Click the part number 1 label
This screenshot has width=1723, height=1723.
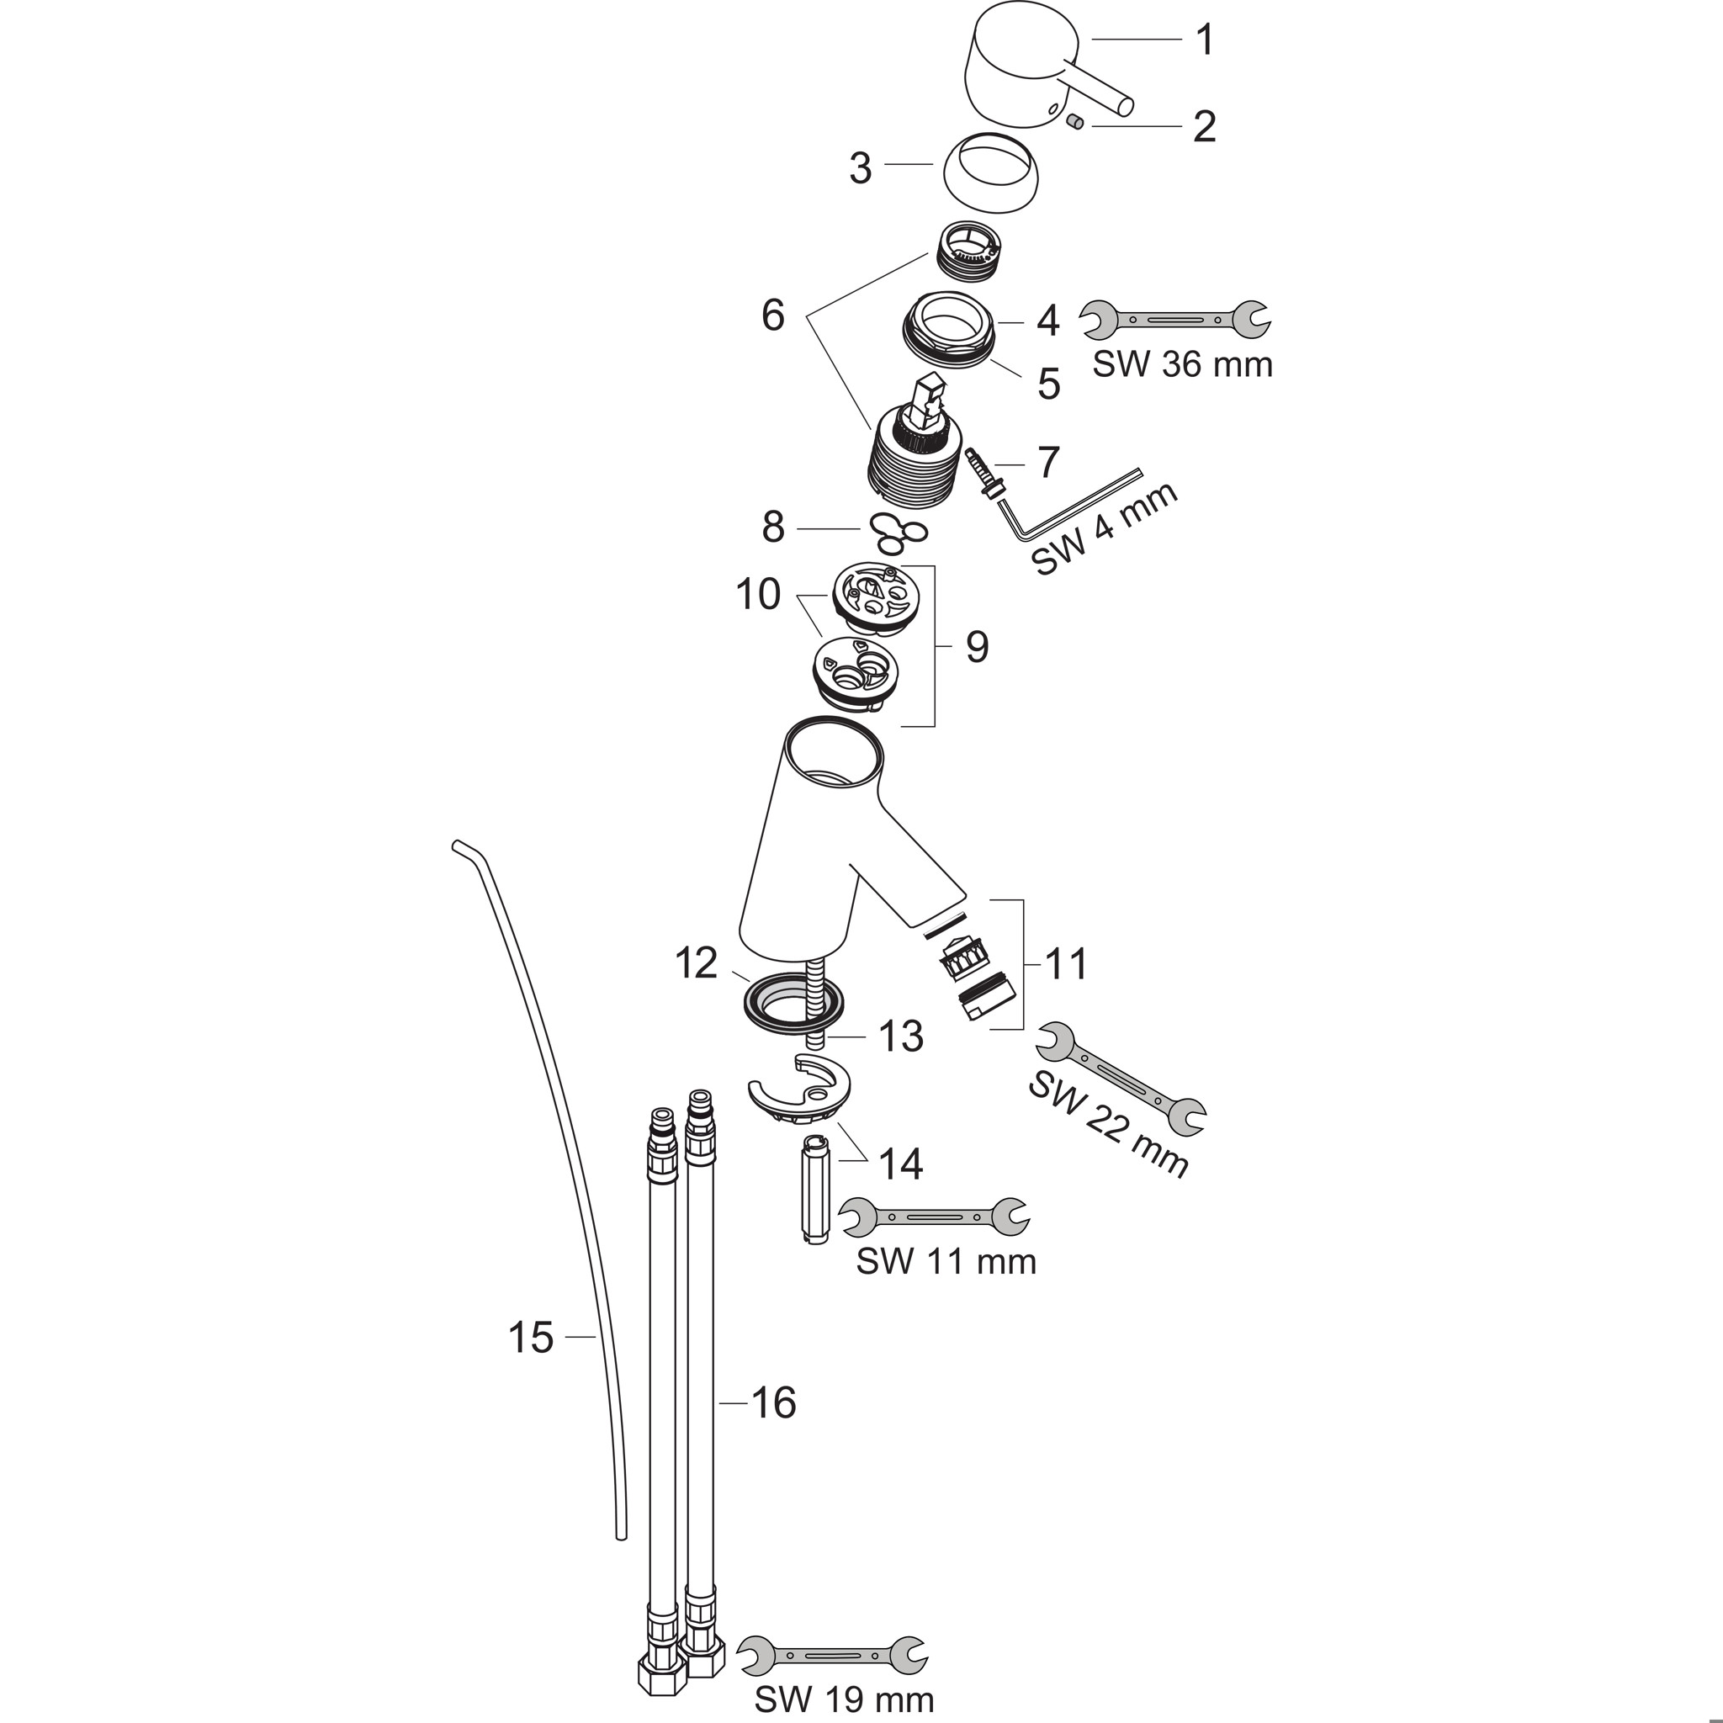pos(1205,40)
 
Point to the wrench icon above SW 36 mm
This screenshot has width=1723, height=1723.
pos(1175,318)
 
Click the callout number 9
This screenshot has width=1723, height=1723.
pos(978,647)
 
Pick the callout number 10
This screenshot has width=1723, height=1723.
pos(758,594)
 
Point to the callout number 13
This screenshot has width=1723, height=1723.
pos(901,1036)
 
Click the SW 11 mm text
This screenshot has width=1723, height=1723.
pos(946,1261)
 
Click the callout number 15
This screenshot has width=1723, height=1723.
pos(531,1363)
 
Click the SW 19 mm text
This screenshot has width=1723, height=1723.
pos(845,1698)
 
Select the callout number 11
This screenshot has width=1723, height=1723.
pos(1066,964)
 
